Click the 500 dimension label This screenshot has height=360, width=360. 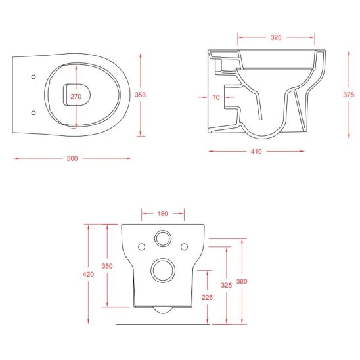[x=72, y=158]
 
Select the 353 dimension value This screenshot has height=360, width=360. [x=141, y=95]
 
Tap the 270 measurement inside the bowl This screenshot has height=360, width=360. [x=76, y=97]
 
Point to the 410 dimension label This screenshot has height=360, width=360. [x=256, y=152]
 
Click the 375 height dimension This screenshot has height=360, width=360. [x=349, y=95]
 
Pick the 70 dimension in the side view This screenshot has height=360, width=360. [x=216, y=97]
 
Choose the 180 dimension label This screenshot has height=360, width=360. [x=162, y=214]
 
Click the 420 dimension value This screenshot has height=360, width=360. [x=89, y=274]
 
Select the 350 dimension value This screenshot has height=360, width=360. [x=107, y=266]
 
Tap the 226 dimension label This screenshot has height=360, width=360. [x=208, y=298]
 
